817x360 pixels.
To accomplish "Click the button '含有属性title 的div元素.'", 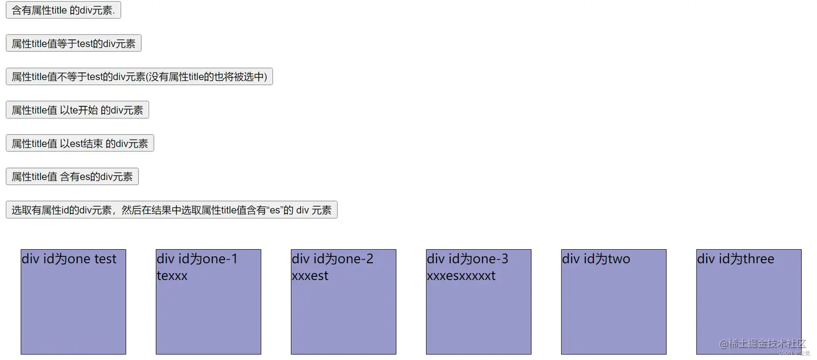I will [63, 10].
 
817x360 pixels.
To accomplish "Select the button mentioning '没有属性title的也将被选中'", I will [139, 77].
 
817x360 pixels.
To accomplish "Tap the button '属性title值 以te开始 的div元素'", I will [77, 110].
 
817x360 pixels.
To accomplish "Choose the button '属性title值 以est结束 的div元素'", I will [80, 144].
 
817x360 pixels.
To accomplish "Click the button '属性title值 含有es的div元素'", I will [72, 177].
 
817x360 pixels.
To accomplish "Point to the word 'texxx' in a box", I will [172, 276].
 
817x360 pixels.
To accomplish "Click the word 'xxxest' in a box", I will [310, 276].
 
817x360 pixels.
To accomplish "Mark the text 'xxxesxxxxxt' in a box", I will [461, 276].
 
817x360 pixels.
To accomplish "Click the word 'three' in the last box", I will [758, 259].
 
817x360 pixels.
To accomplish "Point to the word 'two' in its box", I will [619, 259].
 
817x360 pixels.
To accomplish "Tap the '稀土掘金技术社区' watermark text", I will [767, 343].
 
